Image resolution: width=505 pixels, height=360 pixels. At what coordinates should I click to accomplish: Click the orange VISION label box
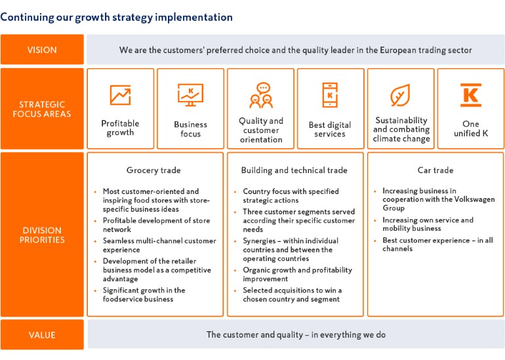42,50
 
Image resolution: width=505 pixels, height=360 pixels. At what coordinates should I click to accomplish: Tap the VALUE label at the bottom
42,335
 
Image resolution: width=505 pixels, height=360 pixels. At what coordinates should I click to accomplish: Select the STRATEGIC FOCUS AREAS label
42,109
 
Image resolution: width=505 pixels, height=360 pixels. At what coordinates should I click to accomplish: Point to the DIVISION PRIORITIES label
42,235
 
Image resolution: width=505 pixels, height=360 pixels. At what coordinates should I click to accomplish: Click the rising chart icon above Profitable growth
121,95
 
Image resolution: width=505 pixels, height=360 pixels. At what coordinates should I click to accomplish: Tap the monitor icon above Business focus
190,95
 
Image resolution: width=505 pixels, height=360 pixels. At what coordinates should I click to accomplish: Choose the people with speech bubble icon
261,95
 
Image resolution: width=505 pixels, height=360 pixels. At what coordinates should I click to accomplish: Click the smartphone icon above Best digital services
330,95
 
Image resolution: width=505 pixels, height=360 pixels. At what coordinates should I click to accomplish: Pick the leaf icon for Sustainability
400,95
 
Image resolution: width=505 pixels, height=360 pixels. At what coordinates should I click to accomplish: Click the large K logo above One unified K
470,95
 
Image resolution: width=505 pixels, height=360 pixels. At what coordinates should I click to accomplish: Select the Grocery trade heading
153,170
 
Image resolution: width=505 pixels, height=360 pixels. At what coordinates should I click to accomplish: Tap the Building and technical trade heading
294,170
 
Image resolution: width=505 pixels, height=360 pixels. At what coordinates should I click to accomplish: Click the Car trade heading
435,170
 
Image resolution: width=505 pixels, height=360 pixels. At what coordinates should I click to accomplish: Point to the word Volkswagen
474,199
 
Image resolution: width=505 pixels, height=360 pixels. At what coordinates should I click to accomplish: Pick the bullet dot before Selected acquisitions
235,290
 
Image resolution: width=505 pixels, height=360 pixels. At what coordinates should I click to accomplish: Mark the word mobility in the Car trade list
395,228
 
